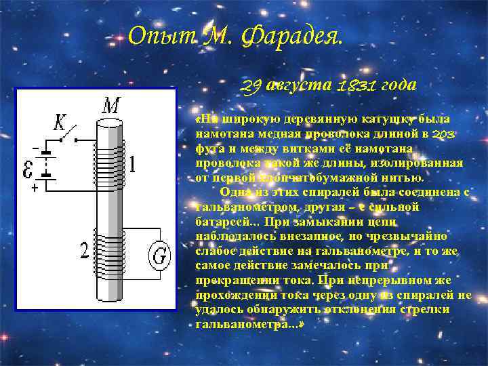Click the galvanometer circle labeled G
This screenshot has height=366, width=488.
[160, 256]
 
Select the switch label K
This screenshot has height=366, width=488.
[60, 122]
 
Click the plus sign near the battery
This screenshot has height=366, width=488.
[34, 189]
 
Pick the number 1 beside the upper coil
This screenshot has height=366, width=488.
[133, 165]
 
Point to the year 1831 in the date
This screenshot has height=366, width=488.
[356, 86]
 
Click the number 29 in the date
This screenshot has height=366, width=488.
[251, 86]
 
